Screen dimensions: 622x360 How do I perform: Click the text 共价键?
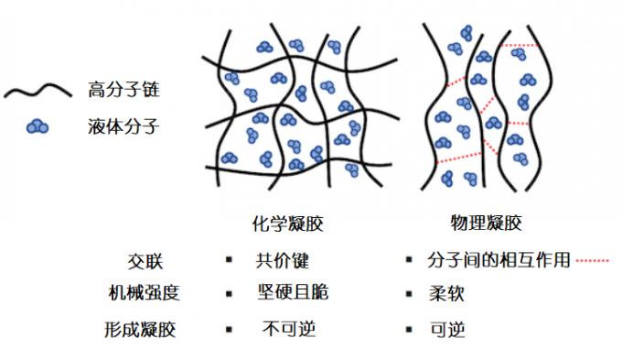tap(277, 258)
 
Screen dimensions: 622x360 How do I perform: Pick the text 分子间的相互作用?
tap(499, 259)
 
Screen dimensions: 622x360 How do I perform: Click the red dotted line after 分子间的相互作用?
tap(593, 260)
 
